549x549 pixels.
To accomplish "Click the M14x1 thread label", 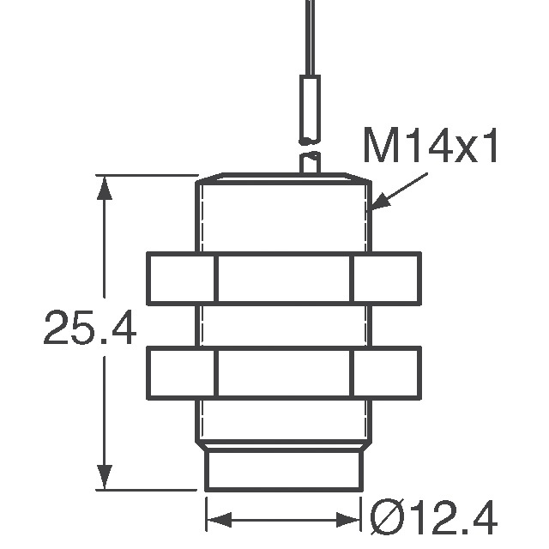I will pos(431,148).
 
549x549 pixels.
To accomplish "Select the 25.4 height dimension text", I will pos(89,329).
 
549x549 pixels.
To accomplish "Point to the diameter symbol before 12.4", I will pos(383,519).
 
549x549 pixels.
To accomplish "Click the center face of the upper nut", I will pos(284,279).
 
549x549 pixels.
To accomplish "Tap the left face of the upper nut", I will pos(181,279).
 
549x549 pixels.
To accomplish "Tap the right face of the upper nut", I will pos(387,279).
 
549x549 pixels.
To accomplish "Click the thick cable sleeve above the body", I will pos(309,109).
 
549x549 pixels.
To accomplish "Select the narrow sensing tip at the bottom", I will pos(284,469).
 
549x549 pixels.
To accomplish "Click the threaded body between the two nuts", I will pos(284,326).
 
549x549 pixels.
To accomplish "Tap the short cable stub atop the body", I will pos(310,163).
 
